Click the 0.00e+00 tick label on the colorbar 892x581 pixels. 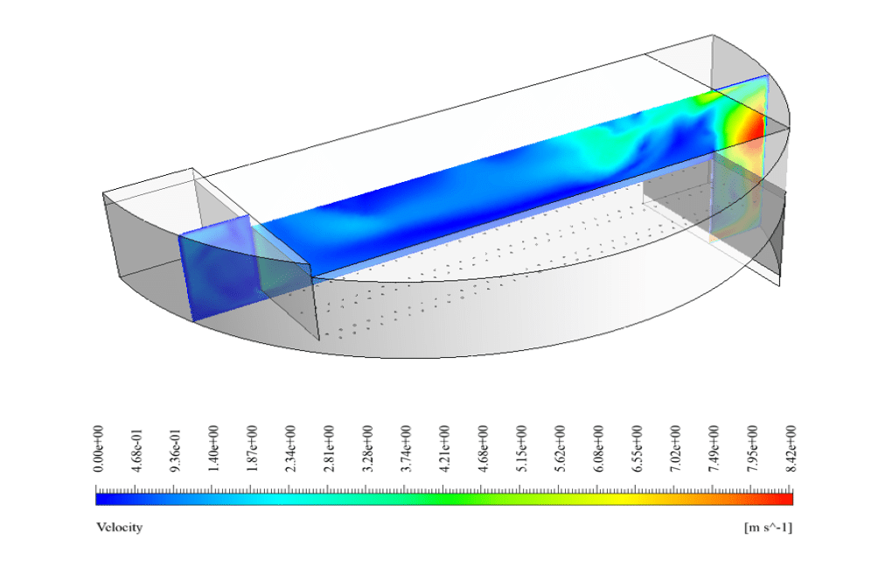98,448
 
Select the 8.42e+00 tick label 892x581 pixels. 791,448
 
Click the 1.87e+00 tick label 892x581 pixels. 252,448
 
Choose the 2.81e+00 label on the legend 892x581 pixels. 329,448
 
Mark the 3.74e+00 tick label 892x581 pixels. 406,448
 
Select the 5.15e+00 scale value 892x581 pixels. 522,448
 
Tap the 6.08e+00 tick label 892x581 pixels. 598,448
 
